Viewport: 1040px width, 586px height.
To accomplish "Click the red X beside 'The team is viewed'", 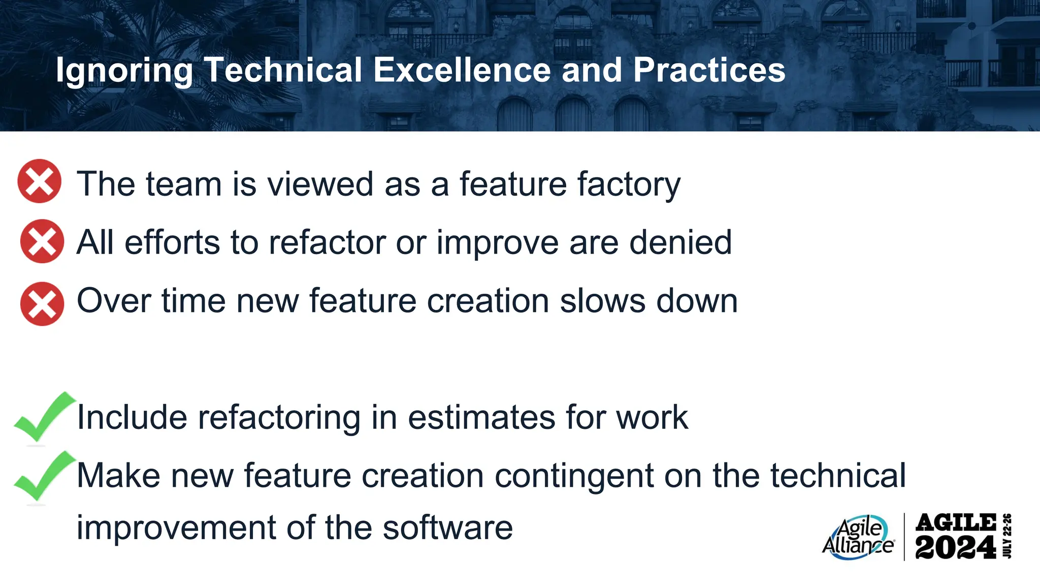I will pyautogui.click(x=39, y=181).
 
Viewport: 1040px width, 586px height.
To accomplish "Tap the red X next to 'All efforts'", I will pyautogui.click(x=42, y=241).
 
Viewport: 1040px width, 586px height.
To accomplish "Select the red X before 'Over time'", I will pyautogui.click(x=42, y=304).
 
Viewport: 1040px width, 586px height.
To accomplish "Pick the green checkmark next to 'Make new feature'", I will pyautogui.click(x=43, y=476).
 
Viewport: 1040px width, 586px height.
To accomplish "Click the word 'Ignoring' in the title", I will pyautogui.click(x=124, y=70).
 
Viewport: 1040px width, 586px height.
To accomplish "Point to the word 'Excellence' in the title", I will pyautogui.click(x=462, y=70).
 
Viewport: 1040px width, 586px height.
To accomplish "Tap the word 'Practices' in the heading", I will pyautogui.click(x=709, y=70).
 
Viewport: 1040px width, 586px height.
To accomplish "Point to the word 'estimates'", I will pyautogui.click(x=481, y=417).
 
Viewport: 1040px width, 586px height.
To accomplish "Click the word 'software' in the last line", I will pyautogui.click(x=447, y=528).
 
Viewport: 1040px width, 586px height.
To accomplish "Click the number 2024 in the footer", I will pyautogui.click(x=955, y=548).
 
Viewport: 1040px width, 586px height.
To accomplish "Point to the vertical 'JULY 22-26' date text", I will pyautogui.click(x=1007, y=536).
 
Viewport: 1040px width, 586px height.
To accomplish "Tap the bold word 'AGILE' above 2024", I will pyautogui.click(x=955, y=522).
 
